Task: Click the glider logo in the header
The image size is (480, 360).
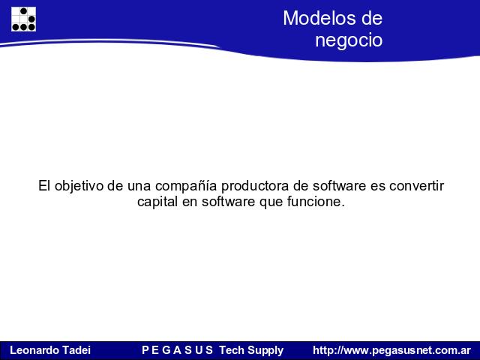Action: (23, 19)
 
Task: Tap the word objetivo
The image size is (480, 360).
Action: (79, 186)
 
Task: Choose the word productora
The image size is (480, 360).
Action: (255, 186)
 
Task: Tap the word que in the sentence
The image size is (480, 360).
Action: (271, 202)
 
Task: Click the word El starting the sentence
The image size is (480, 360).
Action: (44, 186)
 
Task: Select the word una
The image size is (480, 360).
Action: (139, 187)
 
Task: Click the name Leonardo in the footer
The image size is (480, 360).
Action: (34, 350)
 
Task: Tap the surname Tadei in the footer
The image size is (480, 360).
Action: (76, 350)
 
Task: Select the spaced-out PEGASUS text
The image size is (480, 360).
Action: (177, 350)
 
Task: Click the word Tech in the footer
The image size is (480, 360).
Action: (232, 350)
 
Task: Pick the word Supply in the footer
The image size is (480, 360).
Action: (265, 350)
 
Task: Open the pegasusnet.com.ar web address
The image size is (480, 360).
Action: (391, 350)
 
